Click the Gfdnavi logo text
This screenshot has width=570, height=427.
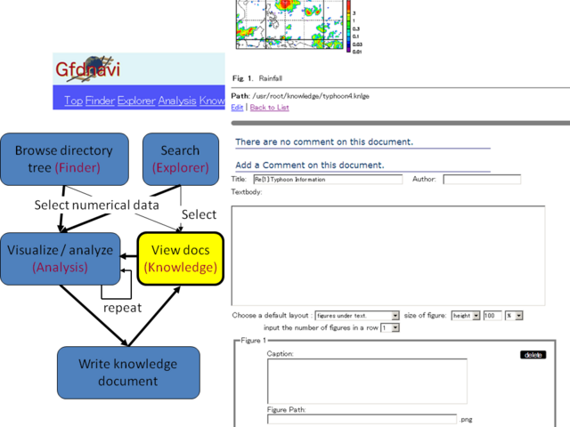(87, 70)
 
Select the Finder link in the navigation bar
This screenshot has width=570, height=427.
(100, 101)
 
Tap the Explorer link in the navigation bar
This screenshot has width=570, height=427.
(136, 101)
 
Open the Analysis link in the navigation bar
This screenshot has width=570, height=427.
(176, 101)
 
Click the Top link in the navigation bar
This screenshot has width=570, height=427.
(73, 101)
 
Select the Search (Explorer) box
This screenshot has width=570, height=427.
(180, 158)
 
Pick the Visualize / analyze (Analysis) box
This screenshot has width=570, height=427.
(60, 258)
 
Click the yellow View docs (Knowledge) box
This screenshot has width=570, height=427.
(180, 258)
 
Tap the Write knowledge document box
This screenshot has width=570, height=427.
(127, 372)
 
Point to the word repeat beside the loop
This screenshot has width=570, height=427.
(122, 307)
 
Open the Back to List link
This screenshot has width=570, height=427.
(269, 108)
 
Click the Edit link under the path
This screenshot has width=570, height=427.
(237, 108)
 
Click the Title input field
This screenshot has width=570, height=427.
(327, 180)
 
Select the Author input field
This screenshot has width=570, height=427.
(481, 180)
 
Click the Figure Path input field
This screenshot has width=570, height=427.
(362, 419)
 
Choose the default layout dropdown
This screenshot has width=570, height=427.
(357, 316)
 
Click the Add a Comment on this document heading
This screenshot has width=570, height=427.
(310, 165)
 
